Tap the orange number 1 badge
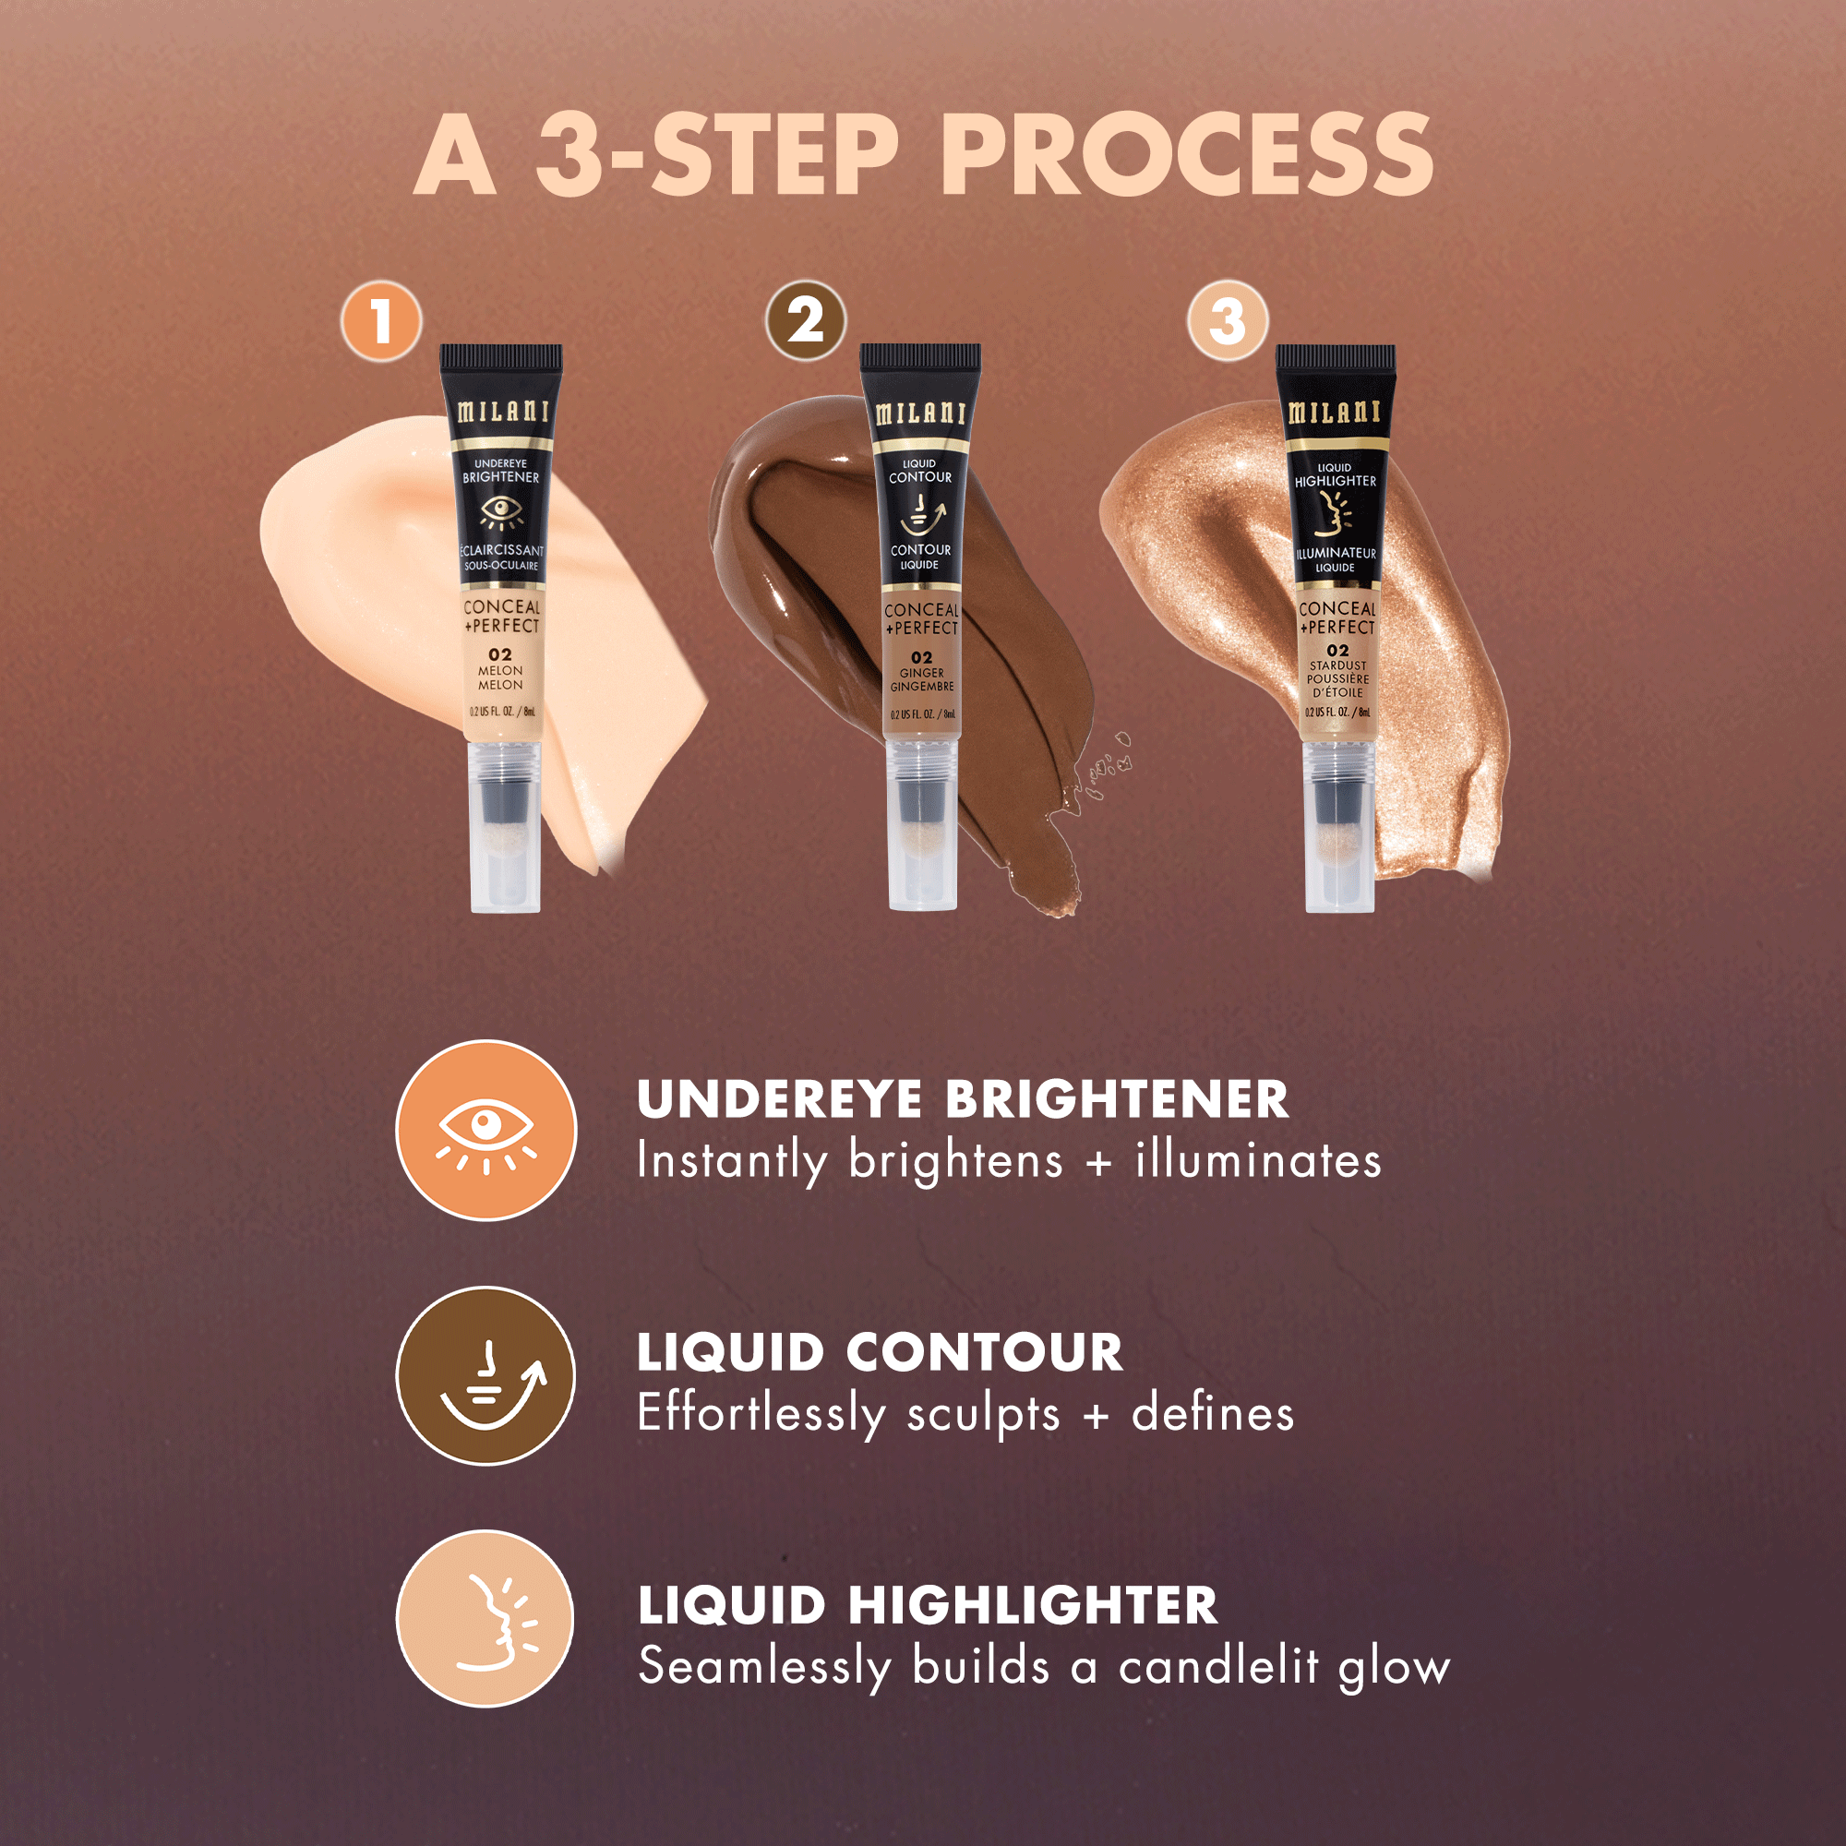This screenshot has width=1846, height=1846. [381, 321]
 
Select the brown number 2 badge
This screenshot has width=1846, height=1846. [807, 321]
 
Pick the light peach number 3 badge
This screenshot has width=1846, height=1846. [1228, 321]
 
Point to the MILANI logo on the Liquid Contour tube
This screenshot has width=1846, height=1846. [921, 413]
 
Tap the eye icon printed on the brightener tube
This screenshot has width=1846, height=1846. [500, 512]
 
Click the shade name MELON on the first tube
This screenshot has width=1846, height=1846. [500, 671]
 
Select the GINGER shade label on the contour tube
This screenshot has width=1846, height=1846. [921, 673]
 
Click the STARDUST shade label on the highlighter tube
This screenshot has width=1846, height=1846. [1337, 665]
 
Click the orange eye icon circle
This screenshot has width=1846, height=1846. [486, 1131]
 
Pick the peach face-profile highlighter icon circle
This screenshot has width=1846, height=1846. [485, 1619]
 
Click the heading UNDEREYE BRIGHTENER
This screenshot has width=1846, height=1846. [962, 1100]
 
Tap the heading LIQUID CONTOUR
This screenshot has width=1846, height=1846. [880, 1353]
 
